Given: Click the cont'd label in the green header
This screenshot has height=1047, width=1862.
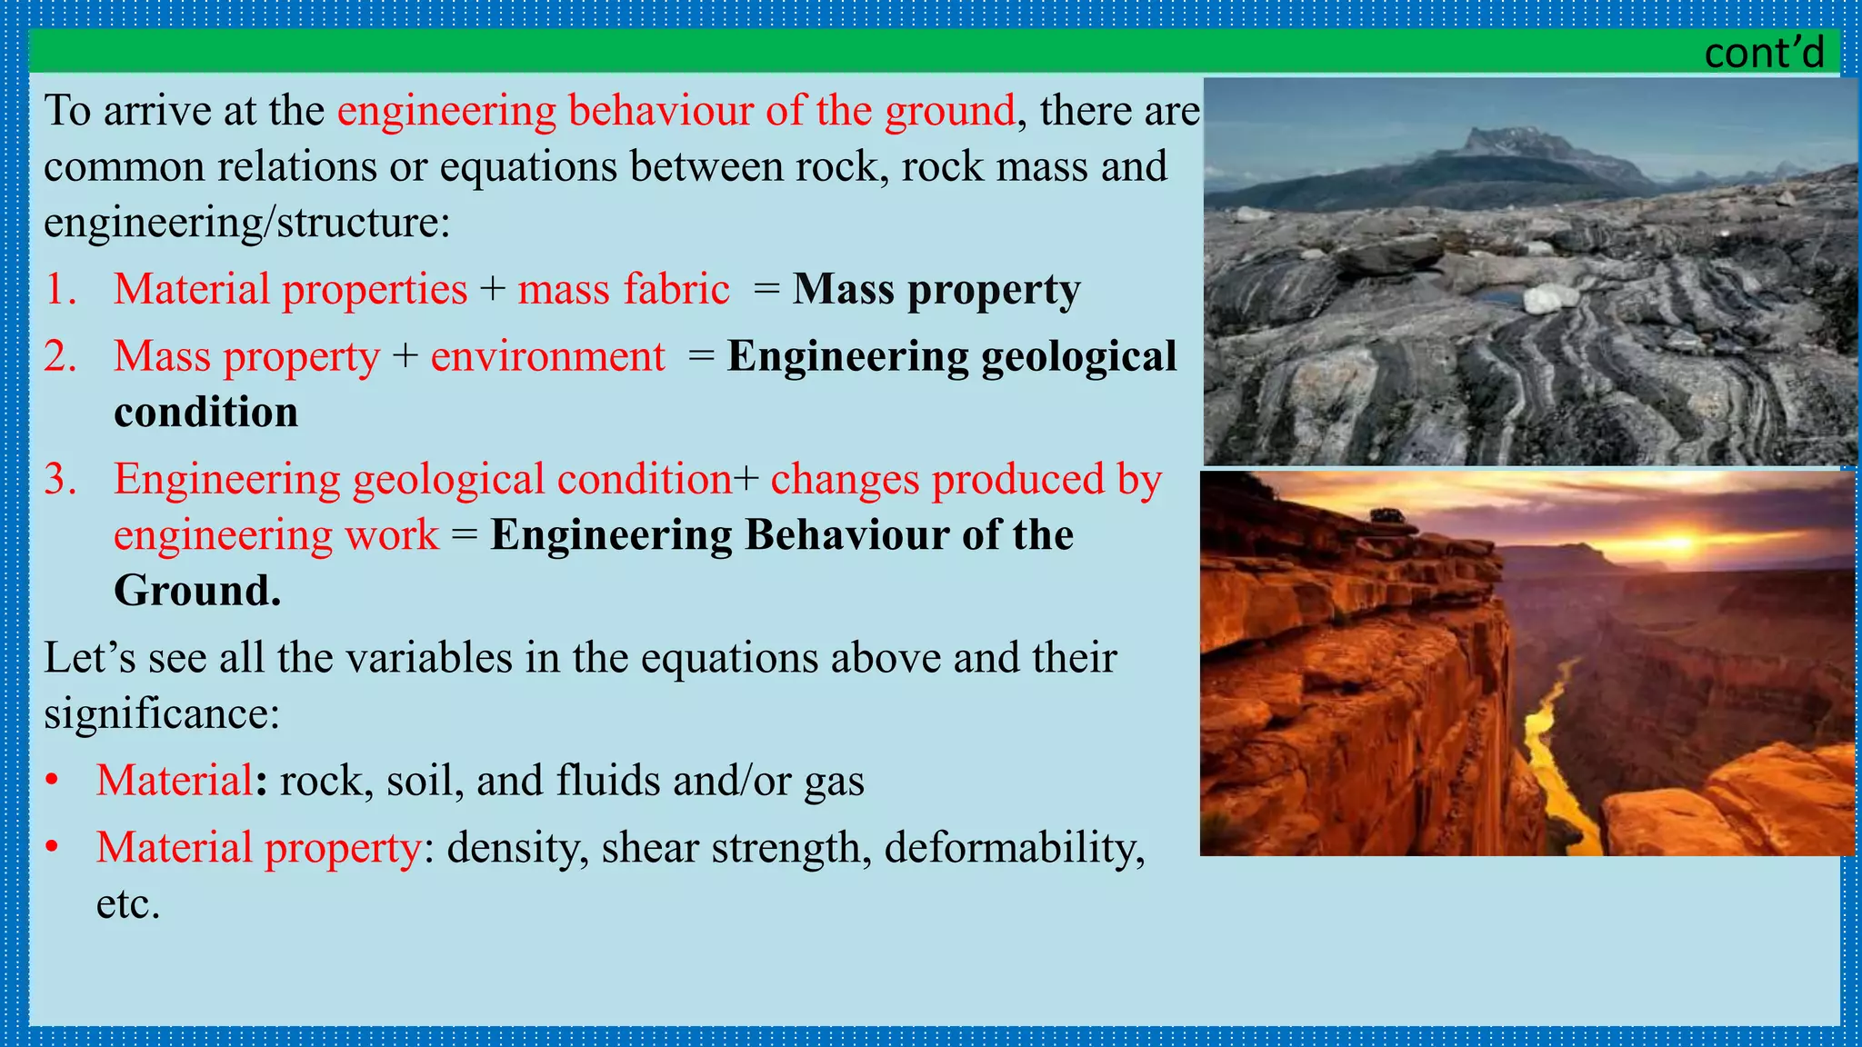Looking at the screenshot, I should pyautogui.click(x=1763, y=53).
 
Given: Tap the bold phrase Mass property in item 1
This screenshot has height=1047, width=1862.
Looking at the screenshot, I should pyautogui.click(x=936, y=290).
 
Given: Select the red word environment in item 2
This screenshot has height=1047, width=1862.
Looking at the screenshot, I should pyautogui.click(x=547, y=356).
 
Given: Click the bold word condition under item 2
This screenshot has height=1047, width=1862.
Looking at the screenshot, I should pyautogui.click(x=206, y=413).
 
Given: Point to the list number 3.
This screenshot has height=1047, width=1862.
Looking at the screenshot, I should pyautogui.click(x=61, y=479).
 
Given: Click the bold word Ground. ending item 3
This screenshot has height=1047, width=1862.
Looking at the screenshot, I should pyautogui.click(x=197, y=591).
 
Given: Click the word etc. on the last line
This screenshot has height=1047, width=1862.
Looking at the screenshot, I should pyautogui.click(x=128, y=904).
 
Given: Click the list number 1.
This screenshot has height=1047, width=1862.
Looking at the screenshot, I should pyautogui.click(x=61, y=290).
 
